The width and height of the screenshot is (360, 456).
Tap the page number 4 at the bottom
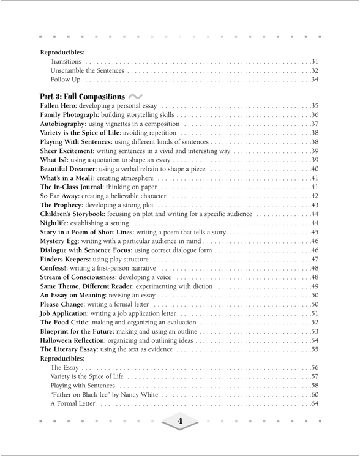(180, 421)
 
